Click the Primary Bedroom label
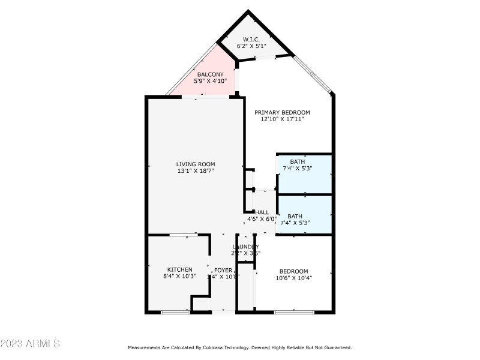(x=282, y=112)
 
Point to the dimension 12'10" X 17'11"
(x=282, y=119)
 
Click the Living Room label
(x=196, y=164)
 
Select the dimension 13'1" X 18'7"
(x=196, y=171)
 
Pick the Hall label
(x=262, y=212)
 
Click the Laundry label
(x=246, y=247)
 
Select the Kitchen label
(x=180, y=269)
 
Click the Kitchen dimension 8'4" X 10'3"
(x=180, y=277)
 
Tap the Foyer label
(x=223, y=270)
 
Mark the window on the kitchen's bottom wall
(x=175, y=312)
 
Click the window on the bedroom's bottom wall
(x=294, y=312)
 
